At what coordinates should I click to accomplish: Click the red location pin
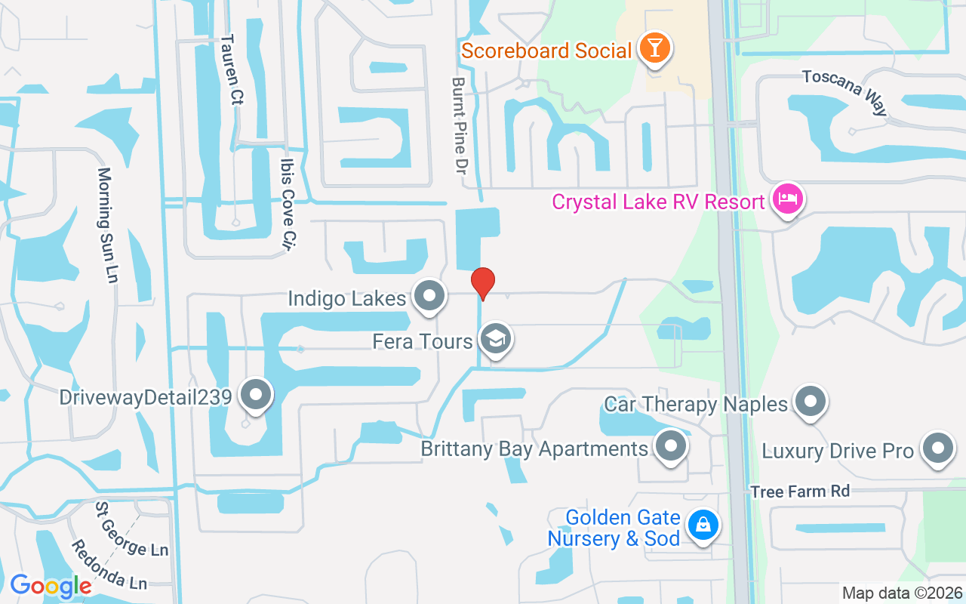tap(483, 283)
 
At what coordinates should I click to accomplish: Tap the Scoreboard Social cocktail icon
tap(654, 49)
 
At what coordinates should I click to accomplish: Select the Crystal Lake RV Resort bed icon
tap(788, 200)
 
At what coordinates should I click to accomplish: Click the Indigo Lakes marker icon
tap(430, 296)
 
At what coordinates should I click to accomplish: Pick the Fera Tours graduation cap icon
tap(496, 339)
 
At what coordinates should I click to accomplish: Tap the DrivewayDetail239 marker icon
tap(255, 395)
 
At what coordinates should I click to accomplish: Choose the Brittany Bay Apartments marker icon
tap(670, 447)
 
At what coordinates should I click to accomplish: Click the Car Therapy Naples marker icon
tap(811, 402)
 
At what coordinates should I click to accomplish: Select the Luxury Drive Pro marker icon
tap(937, 448)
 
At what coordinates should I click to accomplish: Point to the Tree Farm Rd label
tap(800, 492)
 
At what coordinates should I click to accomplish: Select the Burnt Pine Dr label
tap(459, 125)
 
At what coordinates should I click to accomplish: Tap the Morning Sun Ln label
tap(107, 225)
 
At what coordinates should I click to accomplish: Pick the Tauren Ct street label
tap(230, 69)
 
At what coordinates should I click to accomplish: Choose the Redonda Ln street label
tap(109, 564)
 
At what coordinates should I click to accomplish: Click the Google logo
tap(51, 586)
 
